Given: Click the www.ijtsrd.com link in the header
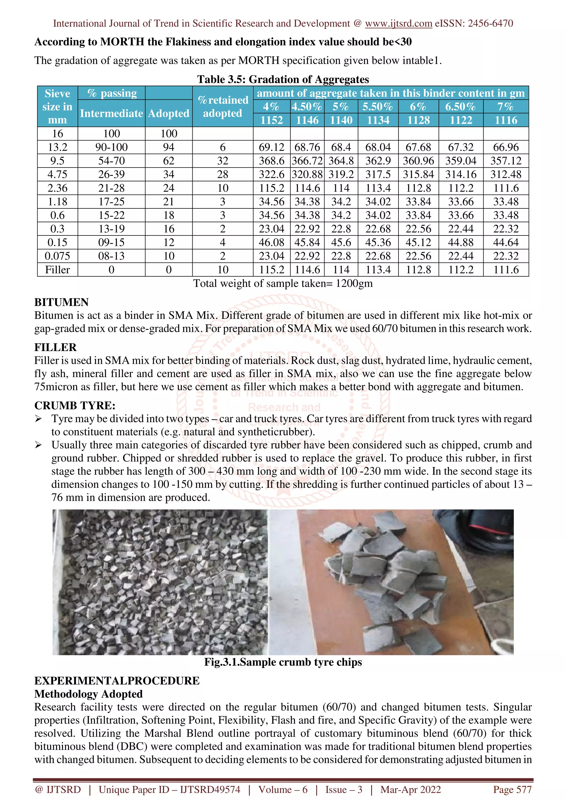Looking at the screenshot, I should [398, 23].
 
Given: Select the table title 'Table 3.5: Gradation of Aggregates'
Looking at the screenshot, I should [283, 79].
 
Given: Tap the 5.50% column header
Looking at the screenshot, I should [378, 106].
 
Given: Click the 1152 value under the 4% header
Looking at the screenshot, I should [271, 120].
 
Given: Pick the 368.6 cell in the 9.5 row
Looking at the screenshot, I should [271, 161].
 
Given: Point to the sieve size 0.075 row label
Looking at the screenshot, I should [57, 256].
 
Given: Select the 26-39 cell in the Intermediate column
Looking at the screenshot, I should [111, 174].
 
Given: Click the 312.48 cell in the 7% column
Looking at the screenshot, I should [506, 174].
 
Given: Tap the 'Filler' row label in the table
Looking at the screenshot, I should [57, 270].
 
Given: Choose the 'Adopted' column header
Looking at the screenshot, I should [168, 113].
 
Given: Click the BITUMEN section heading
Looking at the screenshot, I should [61, 302].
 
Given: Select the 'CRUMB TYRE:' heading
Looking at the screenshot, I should [75, 405].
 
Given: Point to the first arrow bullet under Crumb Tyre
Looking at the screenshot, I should [38, 419].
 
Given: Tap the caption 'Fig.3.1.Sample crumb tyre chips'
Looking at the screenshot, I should [283, 662].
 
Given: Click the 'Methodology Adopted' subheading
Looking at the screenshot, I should [88, 694].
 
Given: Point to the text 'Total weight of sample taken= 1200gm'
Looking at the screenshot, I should [283, 283].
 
